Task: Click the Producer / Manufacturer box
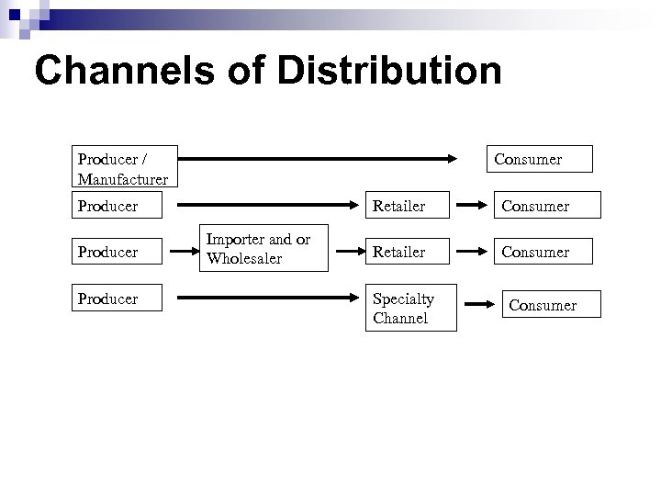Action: pyautogui.click(x=121, y=165)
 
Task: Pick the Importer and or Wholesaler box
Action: pyautogui.click(x=264, y=249)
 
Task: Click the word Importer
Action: pyautogui.click(x=233, y=239)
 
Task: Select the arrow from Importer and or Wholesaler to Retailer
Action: pyautogui.click(x=346, y=250)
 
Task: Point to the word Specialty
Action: pyautogui.click(x=403, y=299)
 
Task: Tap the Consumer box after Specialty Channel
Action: pyautogui.click(x=550, y=305)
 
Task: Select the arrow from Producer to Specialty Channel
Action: pyautogui.click(x=266, y=299)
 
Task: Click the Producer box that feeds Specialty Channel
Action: pyautogui.click(x=118, y=299)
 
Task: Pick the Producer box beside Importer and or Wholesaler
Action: pyautogui.click(x=118, y=251)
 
